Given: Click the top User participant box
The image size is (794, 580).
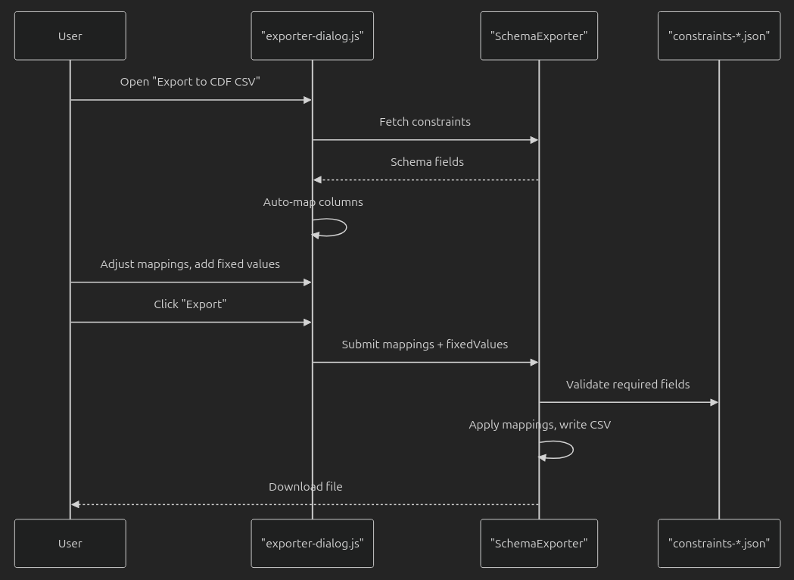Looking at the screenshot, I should (x=70, y=36).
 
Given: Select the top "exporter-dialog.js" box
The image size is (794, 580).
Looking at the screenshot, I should (x=312, y=36).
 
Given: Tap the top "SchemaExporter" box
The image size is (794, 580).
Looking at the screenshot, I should (x=539, y=36).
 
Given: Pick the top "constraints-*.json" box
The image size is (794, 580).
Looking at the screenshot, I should (x=718, y=36).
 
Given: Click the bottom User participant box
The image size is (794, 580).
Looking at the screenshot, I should (x=70, y=543).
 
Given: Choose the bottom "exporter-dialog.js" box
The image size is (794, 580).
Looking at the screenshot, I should (x=312, y=543).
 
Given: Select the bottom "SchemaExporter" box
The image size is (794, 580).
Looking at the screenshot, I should (x=539, y=543).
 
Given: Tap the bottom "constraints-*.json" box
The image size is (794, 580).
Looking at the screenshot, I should (x=718, y=543).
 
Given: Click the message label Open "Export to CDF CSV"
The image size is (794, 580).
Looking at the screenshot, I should (x=190, y=82).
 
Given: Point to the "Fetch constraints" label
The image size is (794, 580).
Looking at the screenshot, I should (x=425, y=122).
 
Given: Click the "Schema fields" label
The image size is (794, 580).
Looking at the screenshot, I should (x=427, y=162).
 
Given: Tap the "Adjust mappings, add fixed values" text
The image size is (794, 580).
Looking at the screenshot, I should (x=190, y=264).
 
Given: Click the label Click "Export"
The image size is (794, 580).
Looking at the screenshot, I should (x=190, y=304).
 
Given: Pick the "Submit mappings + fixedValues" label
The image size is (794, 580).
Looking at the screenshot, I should (x=425, y=345).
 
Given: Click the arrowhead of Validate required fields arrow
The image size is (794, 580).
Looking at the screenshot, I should (x=714, y=402).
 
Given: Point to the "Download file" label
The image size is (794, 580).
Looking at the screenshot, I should (x=305, y=487).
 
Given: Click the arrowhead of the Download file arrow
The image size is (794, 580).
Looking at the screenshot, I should (x=75, y=504).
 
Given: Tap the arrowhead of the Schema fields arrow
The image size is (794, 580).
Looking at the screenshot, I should (x=317, y=179).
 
